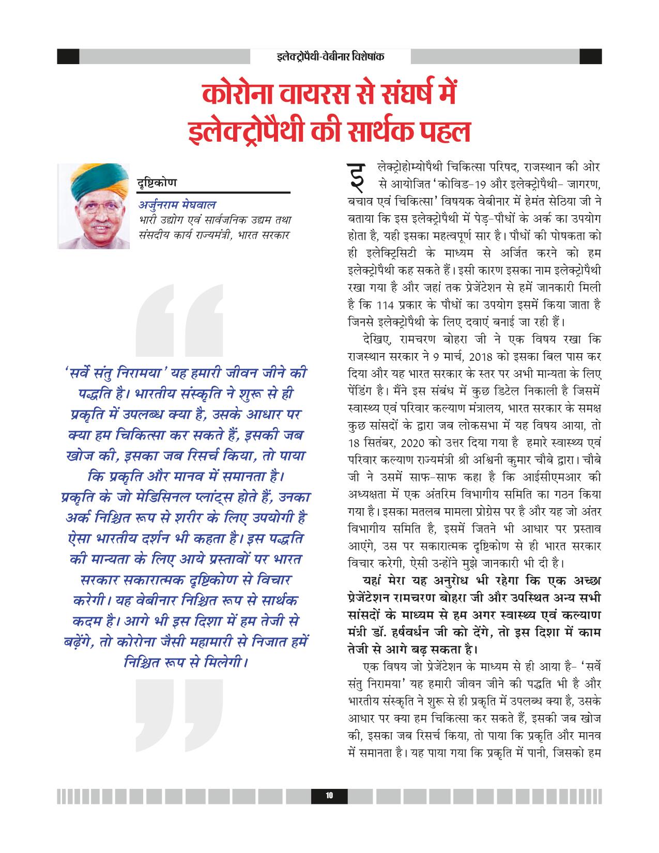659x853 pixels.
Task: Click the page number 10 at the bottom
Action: (329, 796)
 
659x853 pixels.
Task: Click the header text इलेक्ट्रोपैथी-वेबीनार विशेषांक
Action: (330, 56)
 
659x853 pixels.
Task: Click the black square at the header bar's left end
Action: (68, 56)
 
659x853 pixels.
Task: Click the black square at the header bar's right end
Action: (591, 56)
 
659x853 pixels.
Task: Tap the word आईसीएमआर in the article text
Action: (551, 475)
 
